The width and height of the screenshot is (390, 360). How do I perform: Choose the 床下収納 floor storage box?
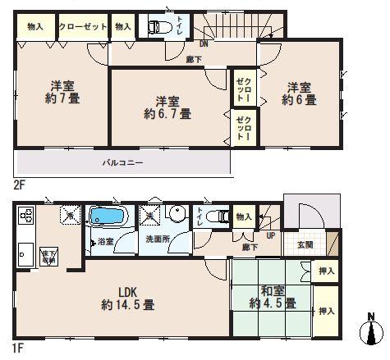click(x=48, y=254)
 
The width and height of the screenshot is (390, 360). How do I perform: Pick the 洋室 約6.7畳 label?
click(x=169, y=107)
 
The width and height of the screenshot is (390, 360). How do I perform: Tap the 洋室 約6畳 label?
click(x=301, y=93)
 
